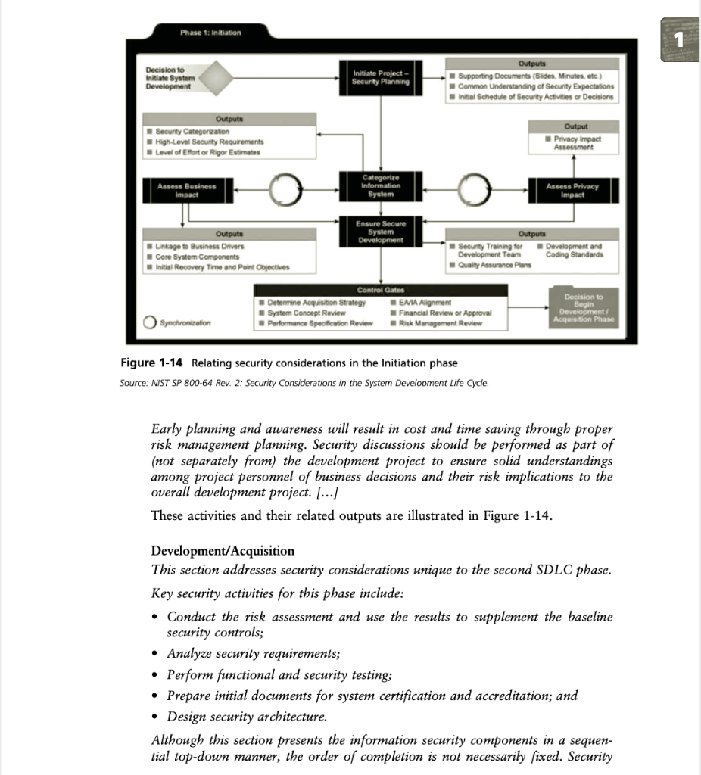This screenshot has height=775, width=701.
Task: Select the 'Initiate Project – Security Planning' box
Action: [x=381, y=77]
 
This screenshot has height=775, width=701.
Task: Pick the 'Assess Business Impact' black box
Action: [x=185, y=189]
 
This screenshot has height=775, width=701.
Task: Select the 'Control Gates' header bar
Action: [x=381, y=290]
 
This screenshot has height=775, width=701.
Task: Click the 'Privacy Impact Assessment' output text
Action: [x=577, y=144]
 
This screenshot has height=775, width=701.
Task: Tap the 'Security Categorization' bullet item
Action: [x=194, y=131]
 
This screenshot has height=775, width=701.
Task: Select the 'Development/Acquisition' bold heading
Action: [x=223, y=550]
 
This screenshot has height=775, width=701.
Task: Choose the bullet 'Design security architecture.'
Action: [x=247, y=716]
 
